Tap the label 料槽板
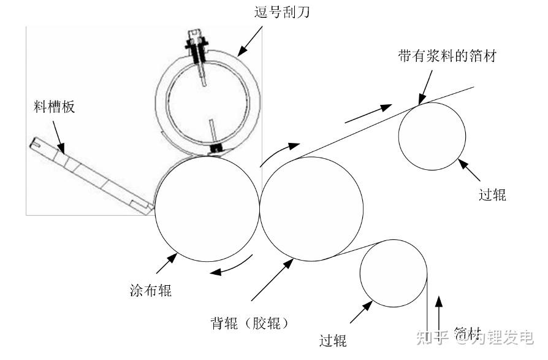pyautogui.click(x=54, y=107)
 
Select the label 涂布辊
pyautogui.click(x=151, y=290)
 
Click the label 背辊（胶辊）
pyautogui.click(x=248, y=322)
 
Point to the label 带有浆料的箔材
pyautogui.click(x=447, y=56)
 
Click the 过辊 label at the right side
pyautogui.click(x=492, y=194)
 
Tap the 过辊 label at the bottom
pyautogui.click(x=333, y=340)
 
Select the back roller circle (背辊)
pyautogui.click(x=311, y=209)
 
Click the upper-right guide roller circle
pyautogui.click(x=432, y=136)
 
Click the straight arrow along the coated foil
pyautogui.click(x=368, y=113)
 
